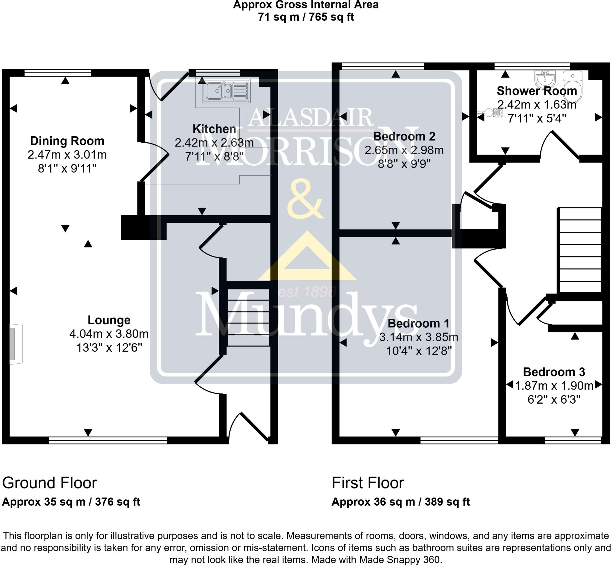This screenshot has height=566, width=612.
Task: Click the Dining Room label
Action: [67, 141]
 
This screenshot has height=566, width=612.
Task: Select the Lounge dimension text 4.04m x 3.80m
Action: [109, 334]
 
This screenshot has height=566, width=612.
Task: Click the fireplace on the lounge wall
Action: [15, 344]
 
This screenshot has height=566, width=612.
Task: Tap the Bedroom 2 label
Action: [404, 136]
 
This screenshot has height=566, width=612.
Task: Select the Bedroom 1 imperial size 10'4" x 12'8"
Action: [419, 351]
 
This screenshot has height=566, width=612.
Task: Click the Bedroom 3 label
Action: [554, 372]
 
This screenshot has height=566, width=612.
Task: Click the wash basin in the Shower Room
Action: [545, 79]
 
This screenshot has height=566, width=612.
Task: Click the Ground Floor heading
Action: [50, 483]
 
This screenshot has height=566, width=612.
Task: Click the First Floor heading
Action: [368, 483]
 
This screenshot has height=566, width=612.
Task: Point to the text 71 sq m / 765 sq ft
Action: [305, 17]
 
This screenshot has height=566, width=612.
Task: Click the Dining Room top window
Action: [58, 73]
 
